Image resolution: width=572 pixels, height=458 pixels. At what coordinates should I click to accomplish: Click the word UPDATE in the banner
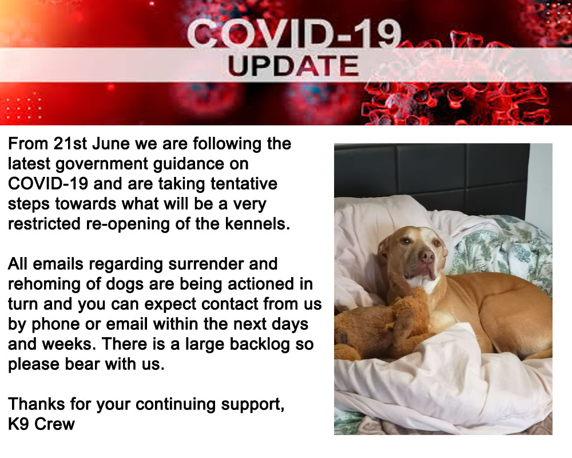pyautogui.click(x=293, y=66)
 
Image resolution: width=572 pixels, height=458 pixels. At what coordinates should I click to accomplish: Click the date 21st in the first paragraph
pyautogui.click(x=70, y=144)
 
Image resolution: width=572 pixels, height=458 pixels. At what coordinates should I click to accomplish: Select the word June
pyautogui.click(x=111, y=144)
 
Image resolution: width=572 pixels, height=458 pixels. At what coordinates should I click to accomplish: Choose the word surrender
pyautogui.click(x=206, y=264)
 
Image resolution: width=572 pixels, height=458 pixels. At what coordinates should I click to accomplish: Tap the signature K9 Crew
pyautogui.click(x=41, y=424)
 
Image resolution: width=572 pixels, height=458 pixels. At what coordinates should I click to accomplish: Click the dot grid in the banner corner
pyautogui.click(x=23, y=108)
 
